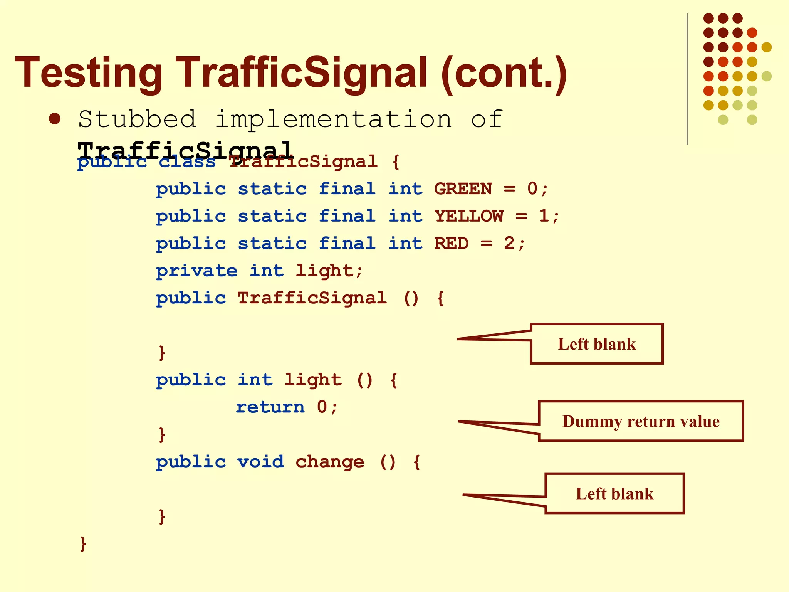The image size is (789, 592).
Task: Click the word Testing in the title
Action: pos(89,73)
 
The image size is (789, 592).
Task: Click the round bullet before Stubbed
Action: pos(55,119)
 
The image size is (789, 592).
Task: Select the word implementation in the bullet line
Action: pos(333,119)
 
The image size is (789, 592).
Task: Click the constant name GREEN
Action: pos(463,189)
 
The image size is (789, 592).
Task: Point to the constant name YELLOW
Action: pos(468,216)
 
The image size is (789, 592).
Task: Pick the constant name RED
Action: pos(451,244)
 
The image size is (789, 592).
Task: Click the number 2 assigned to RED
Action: pos(509,244)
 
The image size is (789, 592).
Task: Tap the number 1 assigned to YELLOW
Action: pos(544,216)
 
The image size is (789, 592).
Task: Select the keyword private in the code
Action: pos(196,271)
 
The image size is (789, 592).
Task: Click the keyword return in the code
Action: pos(270,407)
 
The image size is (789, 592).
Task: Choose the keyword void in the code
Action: pos(260,462)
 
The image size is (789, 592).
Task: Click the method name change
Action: pos(330,462)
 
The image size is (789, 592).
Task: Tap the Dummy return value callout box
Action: pos(641,421)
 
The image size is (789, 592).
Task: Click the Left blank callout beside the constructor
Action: pos(597,344)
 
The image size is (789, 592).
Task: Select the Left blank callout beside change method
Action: pos(614,494)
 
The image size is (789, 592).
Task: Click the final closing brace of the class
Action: pos(83,543)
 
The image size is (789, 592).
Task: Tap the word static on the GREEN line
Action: pos(272,189)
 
